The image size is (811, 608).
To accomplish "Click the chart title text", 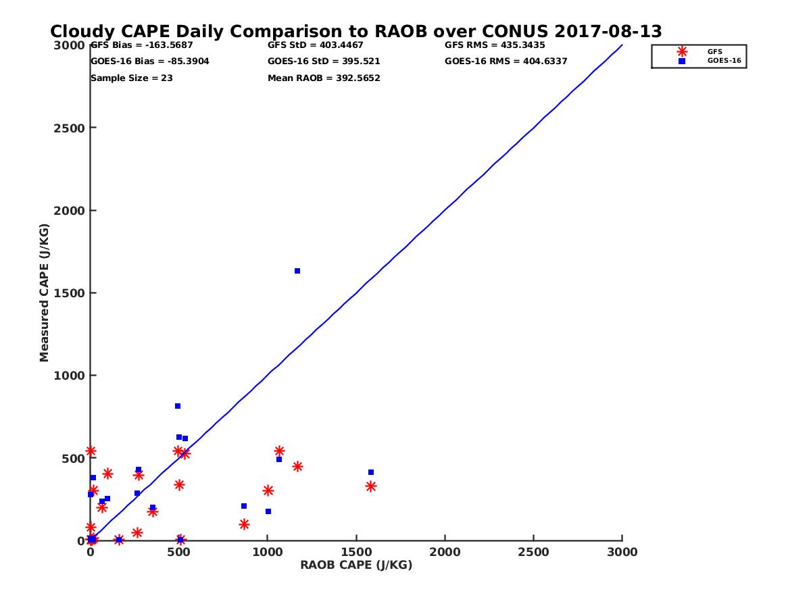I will tap(356, 31).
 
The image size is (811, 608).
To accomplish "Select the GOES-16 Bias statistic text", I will tap(141, 61).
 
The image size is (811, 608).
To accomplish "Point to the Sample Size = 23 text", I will tap(132, 78).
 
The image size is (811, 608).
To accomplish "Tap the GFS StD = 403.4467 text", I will tap(316, 45).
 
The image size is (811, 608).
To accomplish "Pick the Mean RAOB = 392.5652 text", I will tap(324, 78).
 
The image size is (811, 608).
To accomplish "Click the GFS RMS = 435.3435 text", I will tap(495, 45).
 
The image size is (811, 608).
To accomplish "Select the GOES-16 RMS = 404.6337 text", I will tap(506, 61).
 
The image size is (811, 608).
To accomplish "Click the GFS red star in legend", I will tap(682, 51).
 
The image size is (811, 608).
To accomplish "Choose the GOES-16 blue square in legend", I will tap(682, 61).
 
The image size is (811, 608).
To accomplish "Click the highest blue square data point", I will tap(297, 271).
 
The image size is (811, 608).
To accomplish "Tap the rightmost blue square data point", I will tap(371, 472).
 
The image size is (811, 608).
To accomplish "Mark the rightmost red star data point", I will tap(371, 486).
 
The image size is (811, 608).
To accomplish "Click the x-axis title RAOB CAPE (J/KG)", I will tap(356, 565).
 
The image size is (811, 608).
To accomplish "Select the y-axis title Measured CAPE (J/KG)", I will tap(45, 293).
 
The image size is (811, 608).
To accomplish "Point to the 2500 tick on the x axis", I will tap(534, 552).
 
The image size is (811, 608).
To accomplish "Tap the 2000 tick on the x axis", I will tap(445, 552).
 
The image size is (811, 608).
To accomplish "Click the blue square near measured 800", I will tap(178, 406).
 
